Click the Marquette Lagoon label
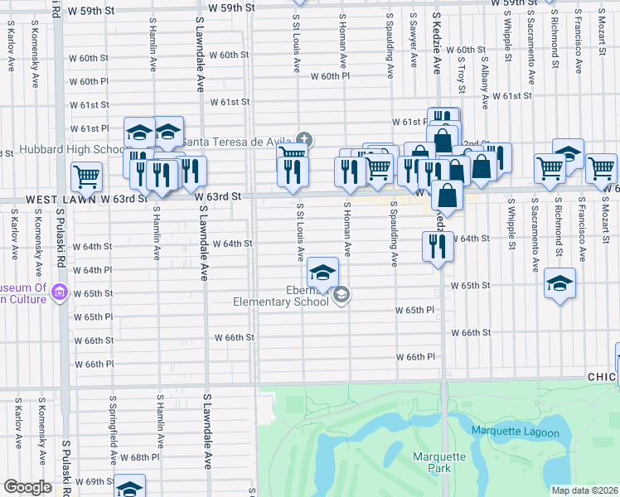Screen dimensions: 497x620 coord(516,431)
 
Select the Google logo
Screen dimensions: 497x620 coord(28,487)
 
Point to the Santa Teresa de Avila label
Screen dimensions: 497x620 coord(238,141)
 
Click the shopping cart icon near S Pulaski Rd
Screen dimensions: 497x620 coord(86,176)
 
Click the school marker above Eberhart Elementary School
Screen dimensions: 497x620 coord(322,271)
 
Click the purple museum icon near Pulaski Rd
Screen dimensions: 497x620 coord(58,292)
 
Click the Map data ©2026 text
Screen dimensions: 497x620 coord(585,490)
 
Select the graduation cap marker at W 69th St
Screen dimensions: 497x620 coord(129,487)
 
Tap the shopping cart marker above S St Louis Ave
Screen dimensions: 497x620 coord(292,154)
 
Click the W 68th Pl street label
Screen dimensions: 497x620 coord(138,457)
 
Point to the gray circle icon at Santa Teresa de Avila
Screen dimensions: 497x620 coord(304,138)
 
